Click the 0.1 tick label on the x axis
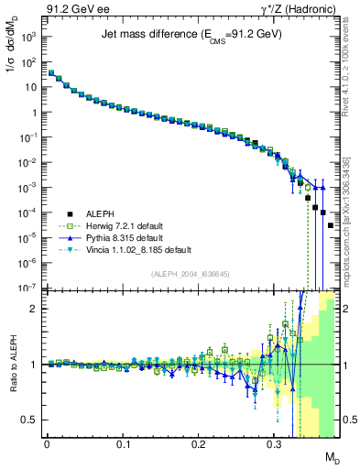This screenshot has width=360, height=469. (x=123, y=443)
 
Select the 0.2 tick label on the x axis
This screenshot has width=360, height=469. (x=198, y=443)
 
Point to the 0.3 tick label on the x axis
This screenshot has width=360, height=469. (x=274, y=443)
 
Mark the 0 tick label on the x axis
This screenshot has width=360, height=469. (x=47, y=443)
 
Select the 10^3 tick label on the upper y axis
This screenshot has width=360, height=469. (x=27, y=38)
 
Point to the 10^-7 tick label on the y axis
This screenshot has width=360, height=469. (x=27, y=288)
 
